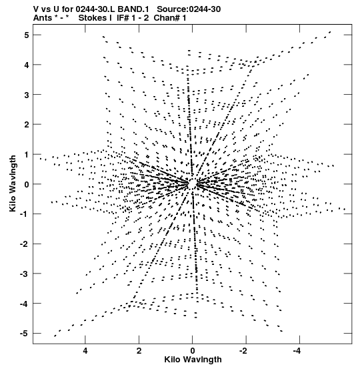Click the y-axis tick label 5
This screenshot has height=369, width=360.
pyautogui.click(x=26, y=35)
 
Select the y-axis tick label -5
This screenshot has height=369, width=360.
pyautogui.click(x=25, y=334)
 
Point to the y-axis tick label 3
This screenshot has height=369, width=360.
pyautogui.click(x=26, y=95)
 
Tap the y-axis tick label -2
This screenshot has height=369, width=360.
pyautogui.click(x=25, y=244)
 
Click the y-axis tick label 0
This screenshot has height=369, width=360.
pyautogui.click(x=26, y=184)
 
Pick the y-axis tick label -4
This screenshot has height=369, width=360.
pyautogui.click(x=25, y=304)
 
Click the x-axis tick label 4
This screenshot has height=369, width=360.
pyautogui.click(x=85, y=351)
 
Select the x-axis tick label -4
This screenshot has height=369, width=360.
pyautogui.click(x=297, y=351)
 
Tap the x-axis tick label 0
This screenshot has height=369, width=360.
pyautogui.click(x=193, y=351)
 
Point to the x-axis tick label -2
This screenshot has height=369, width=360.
pyautogui.click(x=244, y=351)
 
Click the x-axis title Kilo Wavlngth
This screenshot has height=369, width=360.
pyautogui.click(x=193, y=360)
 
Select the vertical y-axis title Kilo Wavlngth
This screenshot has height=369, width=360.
pyautogui.click(x=13, y=183)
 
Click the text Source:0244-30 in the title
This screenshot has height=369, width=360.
pyautogui.click(x=189, y=9)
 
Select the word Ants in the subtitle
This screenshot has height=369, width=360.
pyautogui.click(x=42, y=18)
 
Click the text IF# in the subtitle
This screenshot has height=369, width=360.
pyautogui.click(x=123, y=18)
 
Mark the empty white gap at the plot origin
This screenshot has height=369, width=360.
pyautogui.click(x=193, y=183)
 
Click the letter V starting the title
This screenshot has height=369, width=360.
pyautogui.click(x=36, y=9)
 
